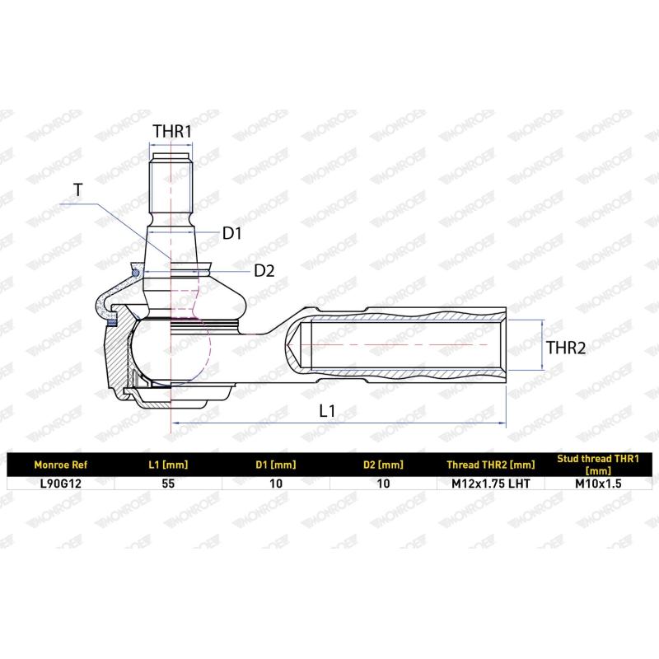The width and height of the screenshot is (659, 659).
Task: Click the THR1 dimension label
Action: tap(172, 131)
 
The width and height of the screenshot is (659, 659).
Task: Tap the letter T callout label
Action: tap(77, 190)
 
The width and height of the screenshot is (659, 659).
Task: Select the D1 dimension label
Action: tap(231, 234)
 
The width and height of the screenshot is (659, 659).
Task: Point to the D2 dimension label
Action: tap(264, 270)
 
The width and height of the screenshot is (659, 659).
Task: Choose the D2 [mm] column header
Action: tap(383, 465)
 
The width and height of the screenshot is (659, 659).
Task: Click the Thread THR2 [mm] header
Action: tap(491, 465)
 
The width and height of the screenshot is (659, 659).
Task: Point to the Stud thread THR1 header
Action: tap(597, 465)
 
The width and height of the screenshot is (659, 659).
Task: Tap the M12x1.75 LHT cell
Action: tap(491, 484)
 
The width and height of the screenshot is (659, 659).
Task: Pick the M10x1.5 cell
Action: tap(597, 484)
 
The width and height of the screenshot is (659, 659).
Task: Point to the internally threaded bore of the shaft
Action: tap(404, 346)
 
